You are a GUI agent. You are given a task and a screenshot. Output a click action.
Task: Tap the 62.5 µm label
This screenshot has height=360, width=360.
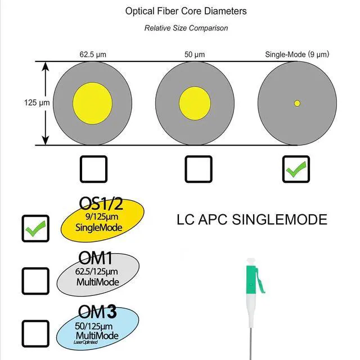pos(92,55)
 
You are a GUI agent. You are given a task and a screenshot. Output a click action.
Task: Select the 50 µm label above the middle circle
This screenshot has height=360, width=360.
pos(195,55)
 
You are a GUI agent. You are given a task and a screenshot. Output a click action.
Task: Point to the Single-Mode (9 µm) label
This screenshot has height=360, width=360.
pos(297,55)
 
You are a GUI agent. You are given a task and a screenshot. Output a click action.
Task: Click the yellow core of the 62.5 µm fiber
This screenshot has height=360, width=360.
pos(92,103)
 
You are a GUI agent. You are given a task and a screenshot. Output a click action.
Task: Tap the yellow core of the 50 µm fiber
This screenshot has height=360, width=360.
pos(195,103)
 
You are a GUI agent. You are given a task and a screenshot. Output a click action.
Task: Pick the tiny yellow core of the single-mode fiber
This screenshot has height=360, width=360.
pos(297,103)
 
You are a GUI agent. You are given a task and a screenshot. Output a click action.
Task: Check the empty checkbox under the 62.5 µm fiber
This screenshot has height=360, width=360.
pos(93,169)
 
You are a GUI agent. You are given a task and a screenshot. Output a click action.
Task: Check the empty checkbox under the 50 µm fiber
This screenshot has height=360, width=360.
pos(199,169)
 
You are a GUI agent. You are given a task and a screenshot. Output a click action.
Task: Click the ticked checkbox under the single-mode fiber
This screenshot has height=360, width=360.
pos(295,169)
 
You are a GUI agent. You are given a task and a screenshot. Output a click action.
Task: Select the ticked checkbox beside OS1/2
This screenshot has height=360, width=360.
pos(35,228)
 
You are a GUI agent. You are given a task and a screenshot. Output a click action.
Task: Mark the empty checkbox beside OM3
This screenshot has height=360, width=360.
pos(35,332)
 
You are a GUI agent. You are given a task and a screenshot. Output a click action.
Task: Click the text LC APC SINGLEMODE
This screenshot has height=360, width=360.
pos(251,219)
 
